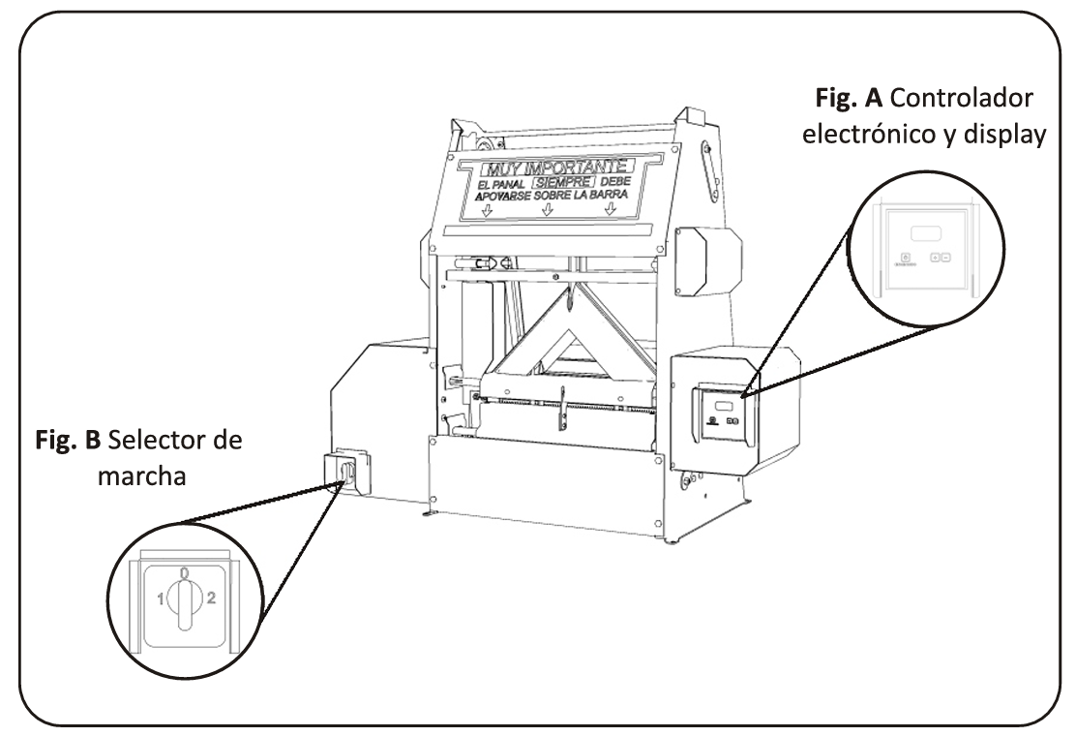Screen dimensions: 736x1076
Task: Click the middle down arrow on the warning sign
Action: [x=547, y=212]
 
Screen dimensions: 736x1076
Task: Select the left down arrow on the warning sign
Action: [x=487, y=212]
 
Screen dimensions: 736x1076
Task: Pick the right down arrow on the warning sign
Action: [x=609, y=212]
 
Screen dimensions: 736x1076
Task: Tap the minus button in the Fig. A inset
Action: [x=944, y=259]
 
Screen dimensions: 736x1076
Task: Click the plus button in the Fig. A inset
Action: [x=934, y=259]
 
